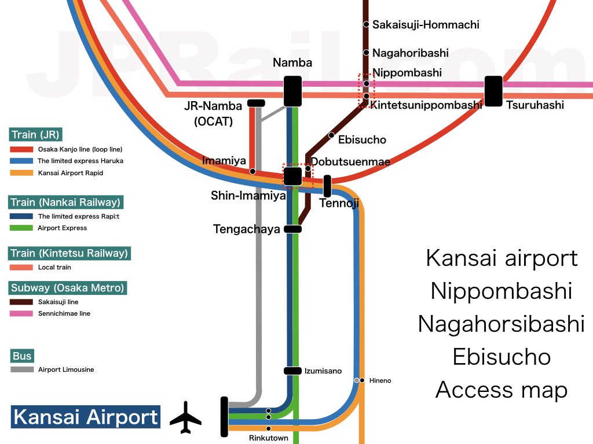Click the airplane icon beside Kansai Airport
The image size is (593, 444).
coord(185,417)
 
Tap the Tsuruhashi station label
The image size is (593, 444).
coord(535,105)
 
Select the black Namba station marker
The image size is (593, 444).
coord(292,91)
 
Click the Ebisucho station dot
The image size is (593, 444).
coord(331,135)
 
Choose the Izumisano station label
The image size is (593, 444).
coord(323,371)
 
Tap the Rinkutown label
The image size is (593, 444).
coord(268,438)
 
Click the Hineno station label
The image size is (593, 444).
coord(380,380)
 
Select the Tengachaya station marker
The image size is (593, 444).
coord(293,229)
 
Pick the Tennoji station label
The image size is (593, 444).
coord(339,203)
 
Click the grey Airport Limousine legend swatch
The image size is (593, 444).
coord(22,369)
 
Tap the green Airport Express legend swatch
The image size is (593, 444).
coord(22,228)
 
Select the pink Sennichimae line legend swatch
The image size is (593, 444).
coord(22,313)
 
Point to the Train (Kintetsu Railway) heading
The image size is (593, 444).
coord(69,253)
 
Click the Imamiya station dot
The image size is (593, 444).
coord(252,172)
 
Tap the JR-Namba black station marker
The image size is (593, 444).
coord(256,103)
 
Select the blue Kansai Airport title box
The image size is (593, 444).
coord(85,417)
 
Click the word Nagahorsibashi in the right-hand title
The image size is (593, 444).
coord(502,324)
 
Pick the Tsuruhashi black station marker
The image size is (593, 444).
coord(493,91)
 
